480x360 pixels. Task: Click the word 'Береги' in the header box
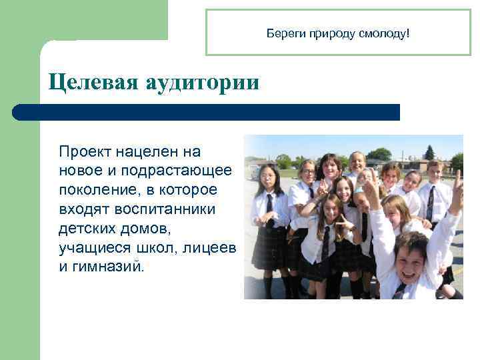coord(283,33)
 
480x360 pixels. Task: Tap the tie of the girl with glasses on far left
coord(270,204)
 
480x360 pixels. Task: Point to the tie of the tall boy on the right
coord(431,203)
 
